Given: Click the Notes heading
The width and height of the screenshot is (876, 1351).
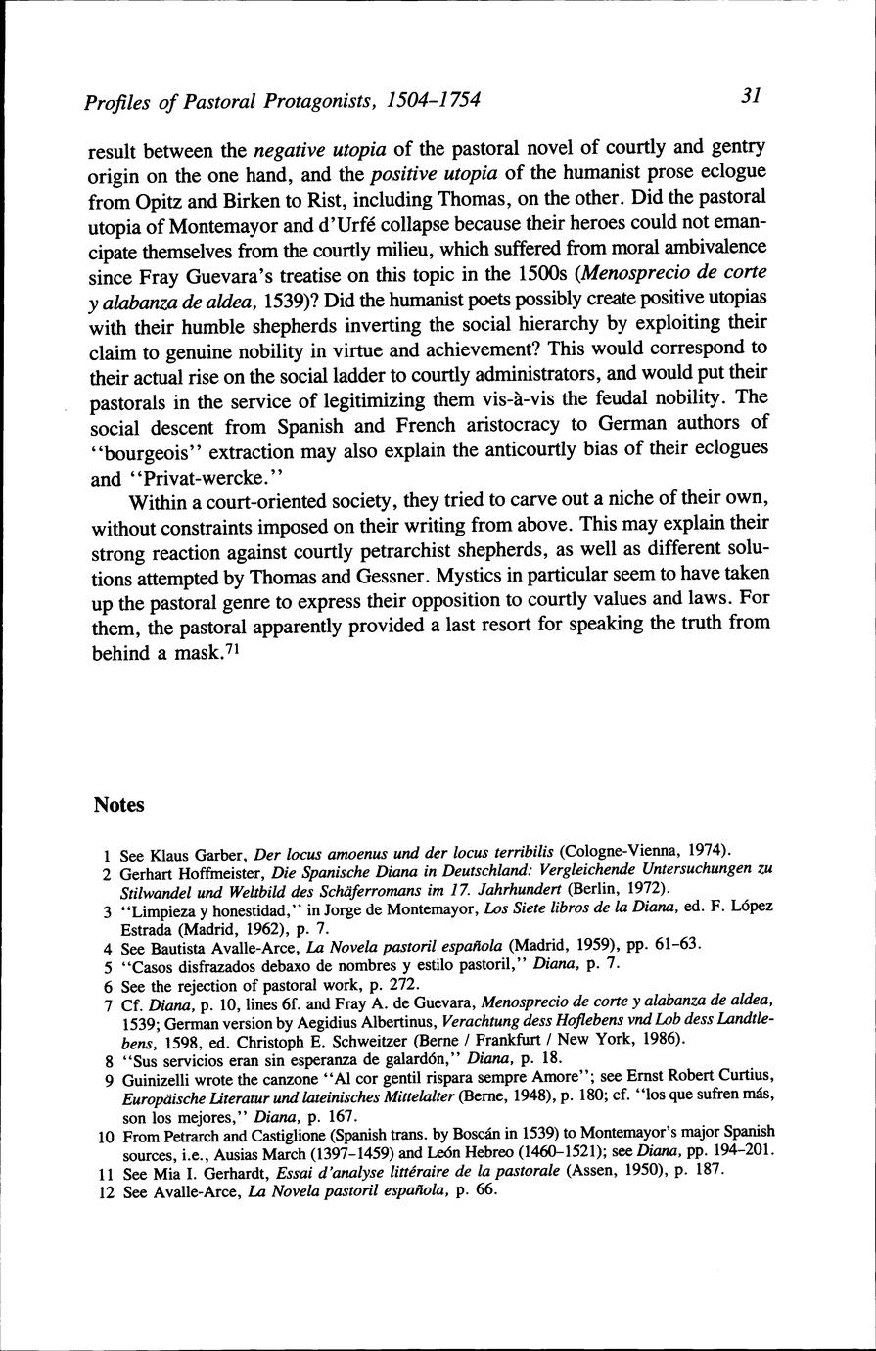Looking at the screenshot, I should tap(118, 805).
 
